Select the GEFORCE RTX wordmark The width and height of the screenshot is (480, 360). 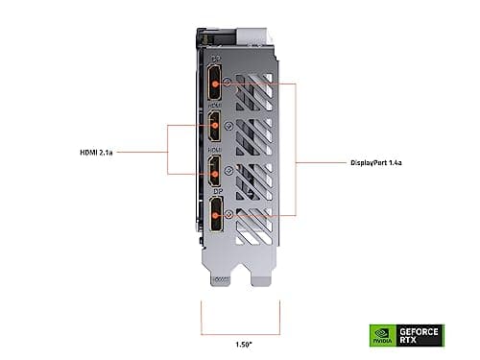click(x=425, y=335)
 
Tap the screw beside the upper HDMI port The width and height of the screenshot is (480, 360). click(x=228, y=125)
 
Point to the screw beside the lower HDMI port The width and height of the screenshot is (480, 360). click(x=228, y=170)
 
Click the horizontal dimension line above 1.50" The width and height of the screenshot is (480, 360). click(x=239, y=326)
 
